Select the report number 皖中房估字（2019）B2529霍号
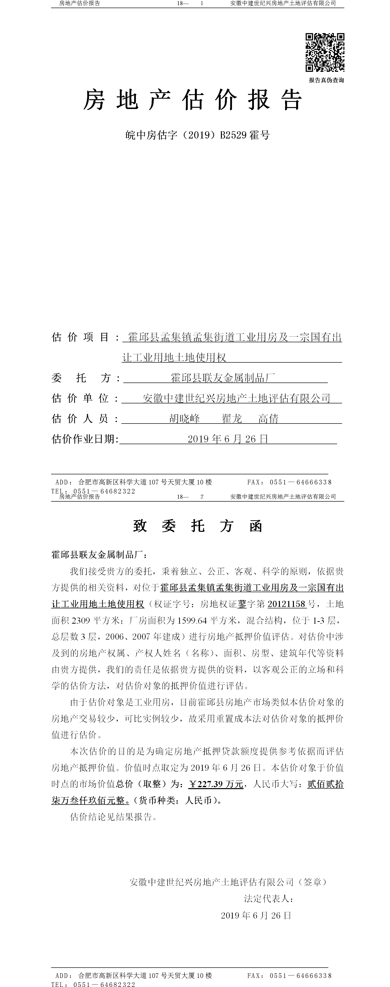click(x=198, y=135)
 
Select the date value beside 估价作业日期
click(x=228, y=439)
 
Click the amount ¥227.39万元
click(x=216, y=784)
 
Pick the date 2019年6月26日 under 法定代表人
click(x=256, y=915)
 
